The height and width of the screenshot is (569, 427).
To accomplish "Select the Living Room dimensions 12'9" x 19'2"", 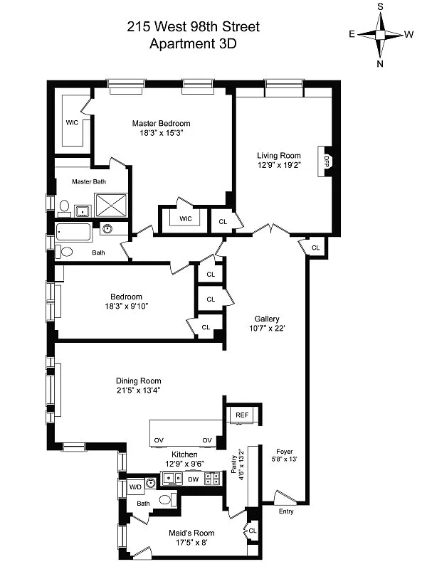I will pyautogui.click(x=279, y=166).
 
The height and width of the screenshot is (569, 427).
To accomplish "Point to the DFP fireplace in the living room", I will pyautogui.click(x=327, y=161).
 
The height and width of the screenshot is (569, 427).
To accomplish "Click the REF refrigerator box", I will pyautogui.click(x=242, y=415).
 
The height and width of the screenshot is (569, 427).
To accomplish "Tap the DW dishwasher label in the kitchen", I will pyautogui.click(x=193, y=479).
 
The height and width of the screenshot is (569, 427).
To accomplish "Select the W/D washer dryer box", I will pyautogui.click(x=135, y=486).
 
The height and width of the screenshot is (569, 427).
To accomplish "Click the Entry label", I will pyautogui.click(x=286, y=511).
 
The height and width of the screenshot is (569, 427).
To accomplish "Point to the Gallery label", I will pyautogui.click(x=268, y=319).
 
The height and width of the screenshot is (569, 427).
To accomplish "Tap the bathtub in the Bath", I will pyautogui.click(x=74, y=233).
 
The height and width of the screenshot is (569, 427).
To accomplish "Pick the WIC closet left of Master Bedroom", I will pyautogui.click(x=72, y=122).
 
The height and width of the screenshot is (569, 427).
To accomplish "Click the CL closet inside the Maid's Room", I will pyautogui.click(x=252, y=530).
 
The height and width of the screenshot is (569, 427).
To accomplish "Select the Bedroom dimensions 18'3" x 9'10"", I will pyautogui.click(x=126, y=306).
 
